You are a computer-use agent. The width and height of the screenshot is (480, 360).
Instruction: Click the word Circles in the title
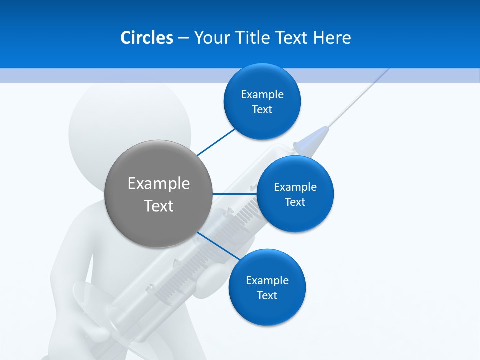point(146,38)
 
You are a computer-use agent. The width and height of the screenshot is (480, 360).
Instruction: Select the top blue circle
point(262,120)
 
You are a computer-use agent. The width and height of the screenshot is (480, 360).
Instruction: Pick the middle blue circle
point(295,215)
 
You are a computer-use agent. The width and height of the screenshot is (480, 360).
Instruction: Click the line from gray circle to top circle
point(216,141)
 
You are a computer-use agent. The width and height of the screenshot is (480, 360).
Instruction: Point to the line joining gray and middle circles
point(235,194)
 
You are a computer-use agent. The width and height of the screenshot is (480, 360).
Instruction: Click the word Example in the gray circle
point(159,183)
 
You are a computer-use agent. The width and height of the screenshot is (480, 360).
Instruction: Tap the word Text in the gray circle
point(159,205)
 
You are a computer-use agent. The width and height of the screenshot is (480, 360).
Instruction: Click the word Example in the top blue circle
point(262,94)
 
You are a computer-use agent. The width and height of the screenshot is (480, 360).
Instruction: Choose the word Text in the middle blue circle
point(295,202)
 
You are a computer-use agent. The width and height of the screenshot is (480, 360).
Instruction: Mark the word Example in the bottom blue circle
point(267,280)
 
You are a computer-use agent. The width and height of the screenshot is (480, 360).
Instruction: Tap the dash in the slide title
point(183,38)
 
